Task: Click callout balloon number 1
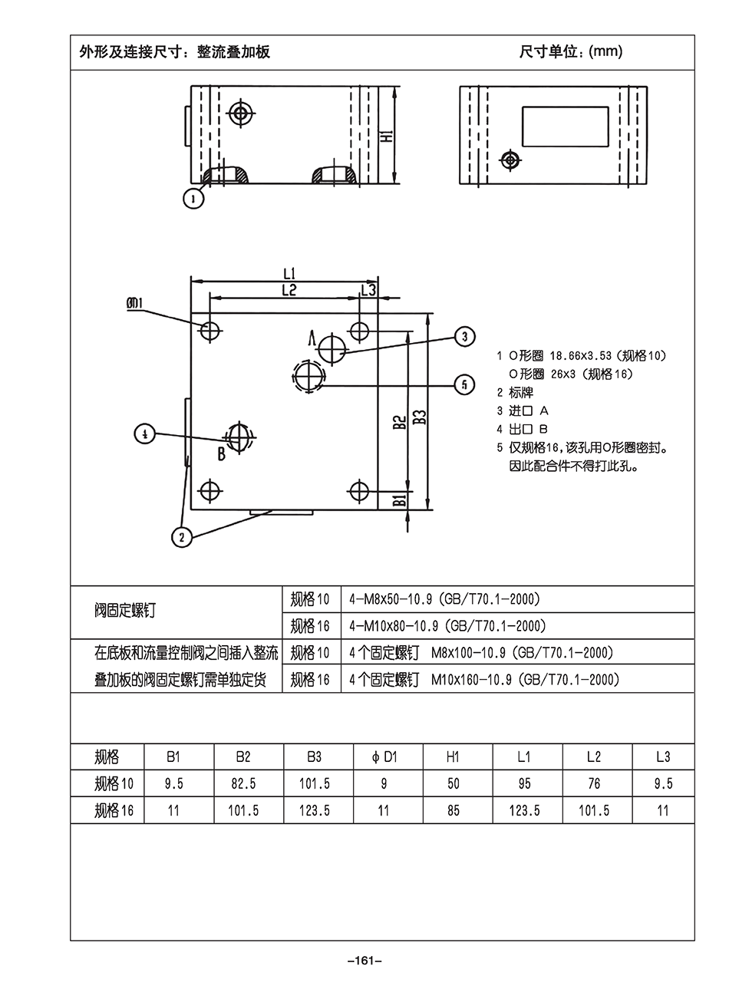pyautogui.click(x=193, y=199)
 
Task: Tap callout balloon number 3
pyautogui.click(x=465, y=336)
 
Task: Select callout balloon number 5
pyautogui.click(x=465, y=384)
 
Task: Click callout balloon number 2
pyautogui.click(x=181, y=536)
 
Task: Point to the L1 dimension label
pyautogui.click(x=289, y=272)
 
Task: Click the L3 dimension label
pyautogui.click(x=369, y=289)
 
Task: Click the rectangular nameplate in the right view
pyautogui.click(x=565, y=127)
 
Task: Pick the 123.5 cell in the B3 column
pyautogui.click(x=314, y=810)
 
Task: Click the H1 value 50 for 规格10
pyautogui.click(x=454, y=783)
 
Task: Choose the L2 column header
pyautogui.click(x=593, y=757)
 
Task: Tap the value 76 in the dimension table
pyautogui.click(x=593, y=783)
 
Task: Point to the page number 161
pyautogui.click(x=364, y=960)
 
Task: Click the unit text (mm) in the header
pyautogui.click(x=605, y=52)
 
